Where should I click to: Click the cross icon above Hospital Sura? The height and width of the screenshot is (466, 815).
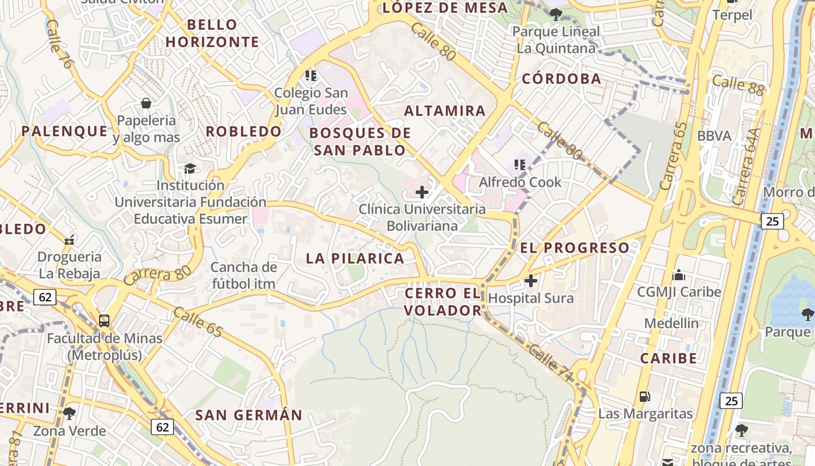pos(531,281)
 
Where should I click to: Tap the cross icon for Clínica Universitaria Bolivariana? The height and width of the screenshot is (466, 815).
pos(422,192)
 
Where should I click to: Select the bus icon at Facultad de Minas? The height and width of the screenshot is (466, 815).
pos(104,320)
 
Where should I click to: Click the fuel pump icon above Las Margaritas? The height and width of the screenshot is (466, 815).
pos(645,397)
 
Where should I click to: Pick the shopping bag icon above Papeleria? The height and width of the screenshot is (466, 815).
pos(146,103)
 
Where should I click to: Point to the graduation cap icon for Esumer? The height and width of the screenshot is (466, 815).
pos(190,168)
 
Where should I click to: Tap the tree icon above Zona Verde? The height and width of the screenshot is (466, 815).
pos(69,414)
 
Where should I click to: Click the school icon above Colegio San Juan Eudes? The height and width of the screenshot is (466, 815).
pos(311,75)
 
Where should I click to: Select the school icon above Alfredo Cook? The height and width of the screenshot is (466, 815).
pos(520,165)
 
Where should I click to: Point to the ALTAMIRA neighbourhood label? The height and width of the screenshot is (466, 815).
pos(445,111)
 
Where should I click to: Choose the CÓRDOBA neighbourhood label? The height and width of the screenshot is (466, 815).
pos(561,79)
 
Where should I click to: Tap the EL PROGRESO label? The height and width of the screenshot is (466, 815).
pos(575,248)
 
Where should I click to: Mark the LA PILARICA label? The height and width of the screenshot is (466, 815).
pos(355,258)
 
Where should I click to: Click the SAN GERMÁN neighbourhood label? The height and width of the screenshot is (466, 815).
pos(249,415)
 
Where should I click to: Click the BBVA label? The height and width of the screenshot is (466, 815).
pos(714,136)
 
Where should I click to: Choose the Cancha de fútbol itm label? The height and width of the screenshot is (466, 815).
pos(244,276)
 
